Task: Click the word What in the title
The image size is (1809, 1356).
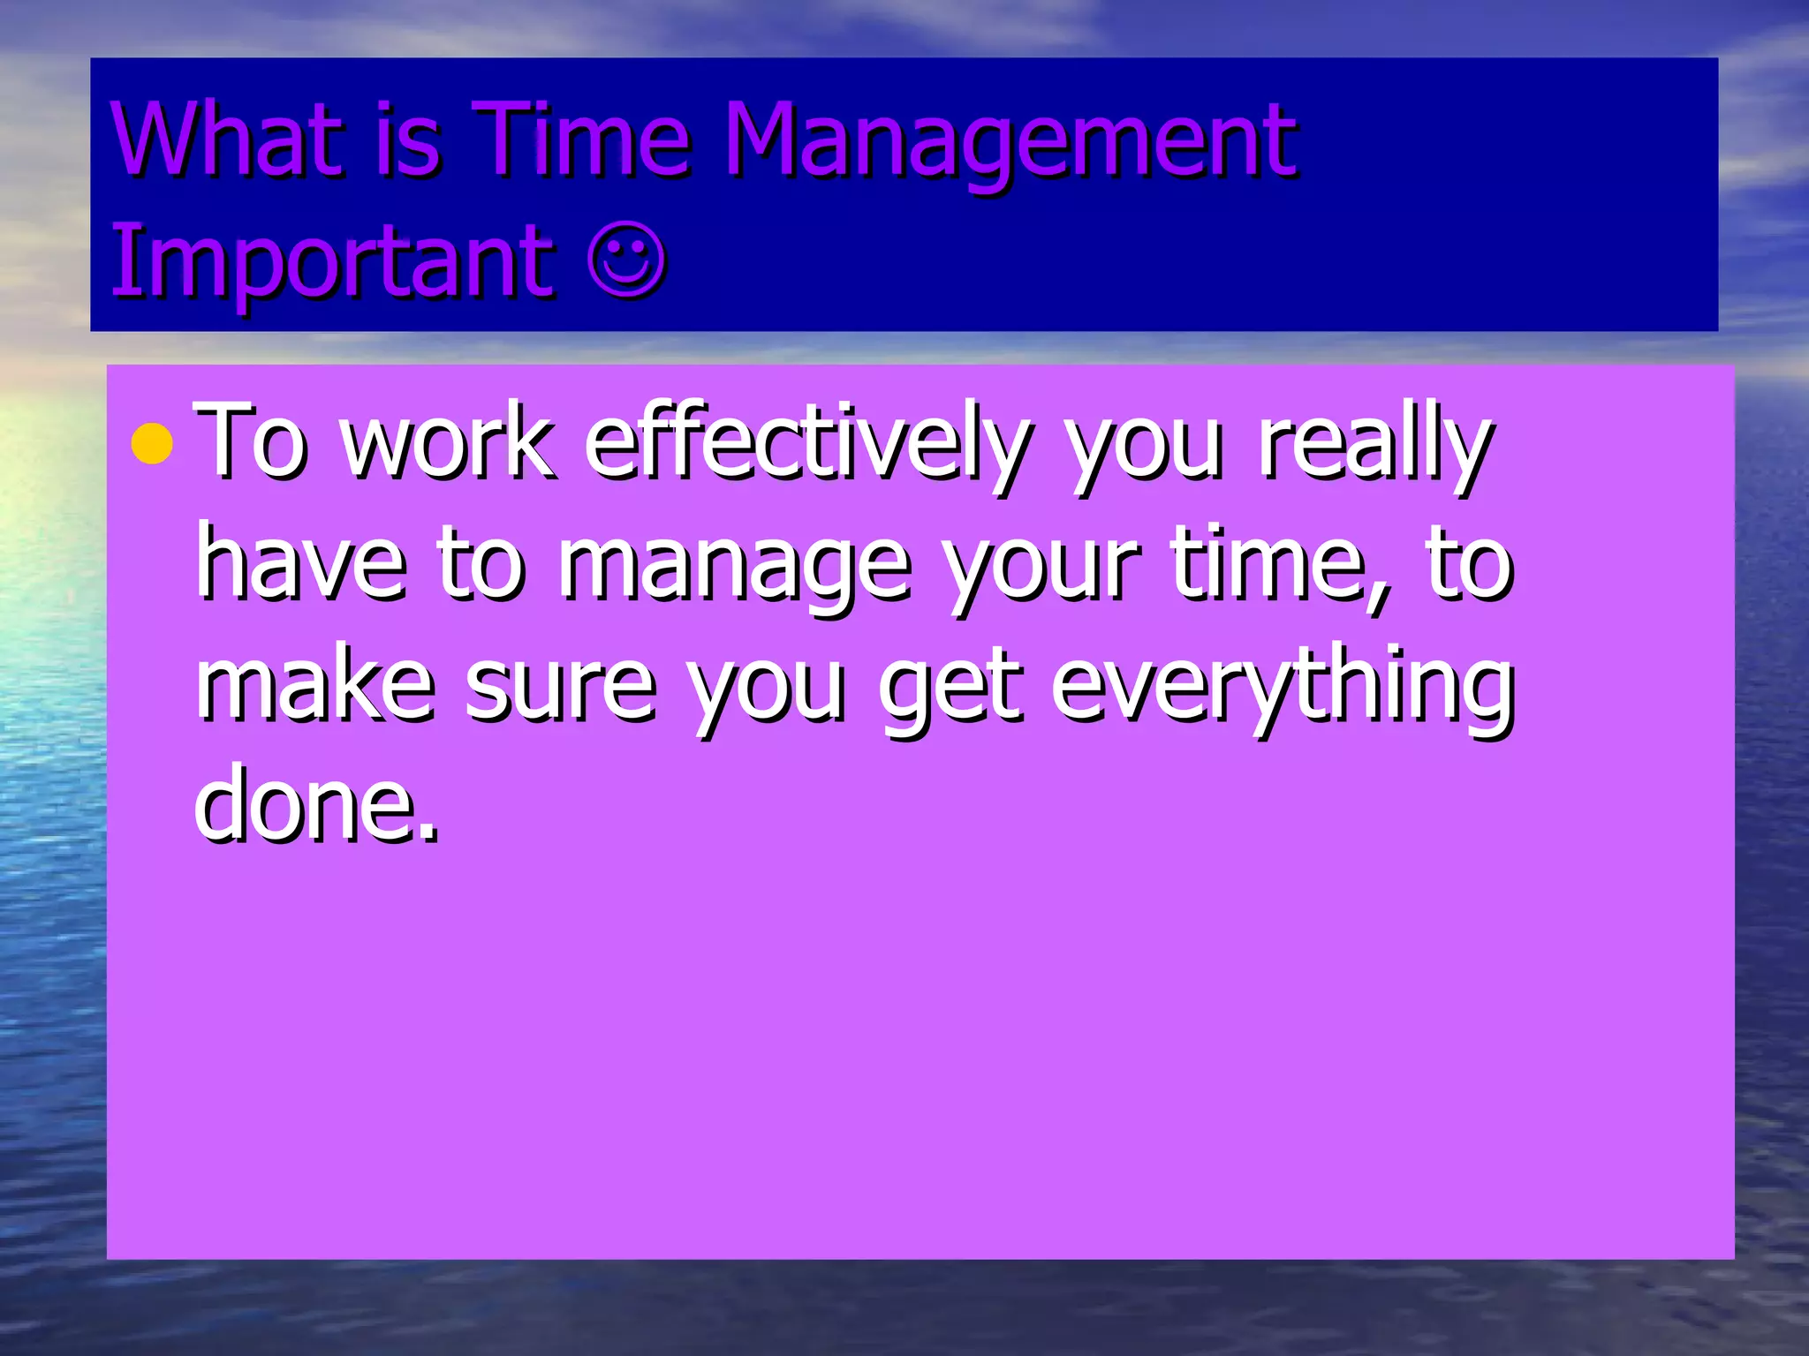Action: tap(226, 139)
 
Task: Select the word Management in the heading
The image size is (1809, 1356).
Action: tap(1010, 143)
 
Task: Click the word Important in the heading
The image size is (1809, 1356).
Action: tap(331, 262)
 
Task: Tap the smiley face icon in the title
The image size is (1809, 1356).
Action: tap(626, 261)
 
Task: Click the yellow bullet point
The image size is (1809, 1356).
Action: tap(152, 444)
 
